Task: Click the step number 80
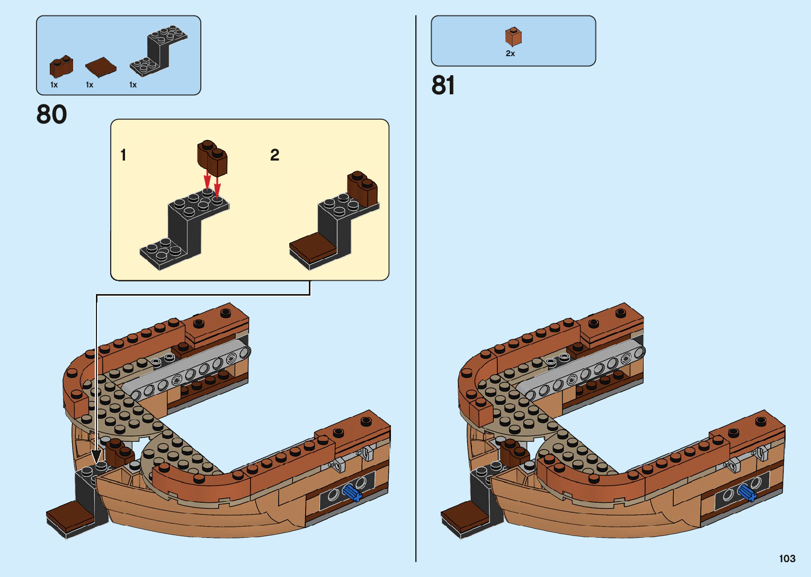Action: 51,114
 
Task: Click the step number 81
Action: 443,85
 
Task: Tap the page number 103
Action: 787,558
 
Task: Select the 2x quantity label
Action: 510,54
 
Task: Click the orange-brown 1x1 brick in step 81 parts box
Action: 513,37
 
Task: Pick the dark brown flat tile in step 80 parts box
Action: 101,67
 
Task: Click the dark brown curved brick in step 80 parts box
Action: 61,66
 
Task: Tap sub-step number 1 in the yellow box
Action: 123,155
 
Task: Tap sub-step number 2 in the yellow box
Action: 274,155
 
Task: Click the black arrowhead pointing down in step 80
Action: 96,456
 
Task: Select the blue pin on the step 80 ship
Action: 351,493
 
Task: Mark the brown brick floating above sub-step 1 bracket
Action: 212,157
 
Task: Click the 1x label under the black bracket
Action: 133,85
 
